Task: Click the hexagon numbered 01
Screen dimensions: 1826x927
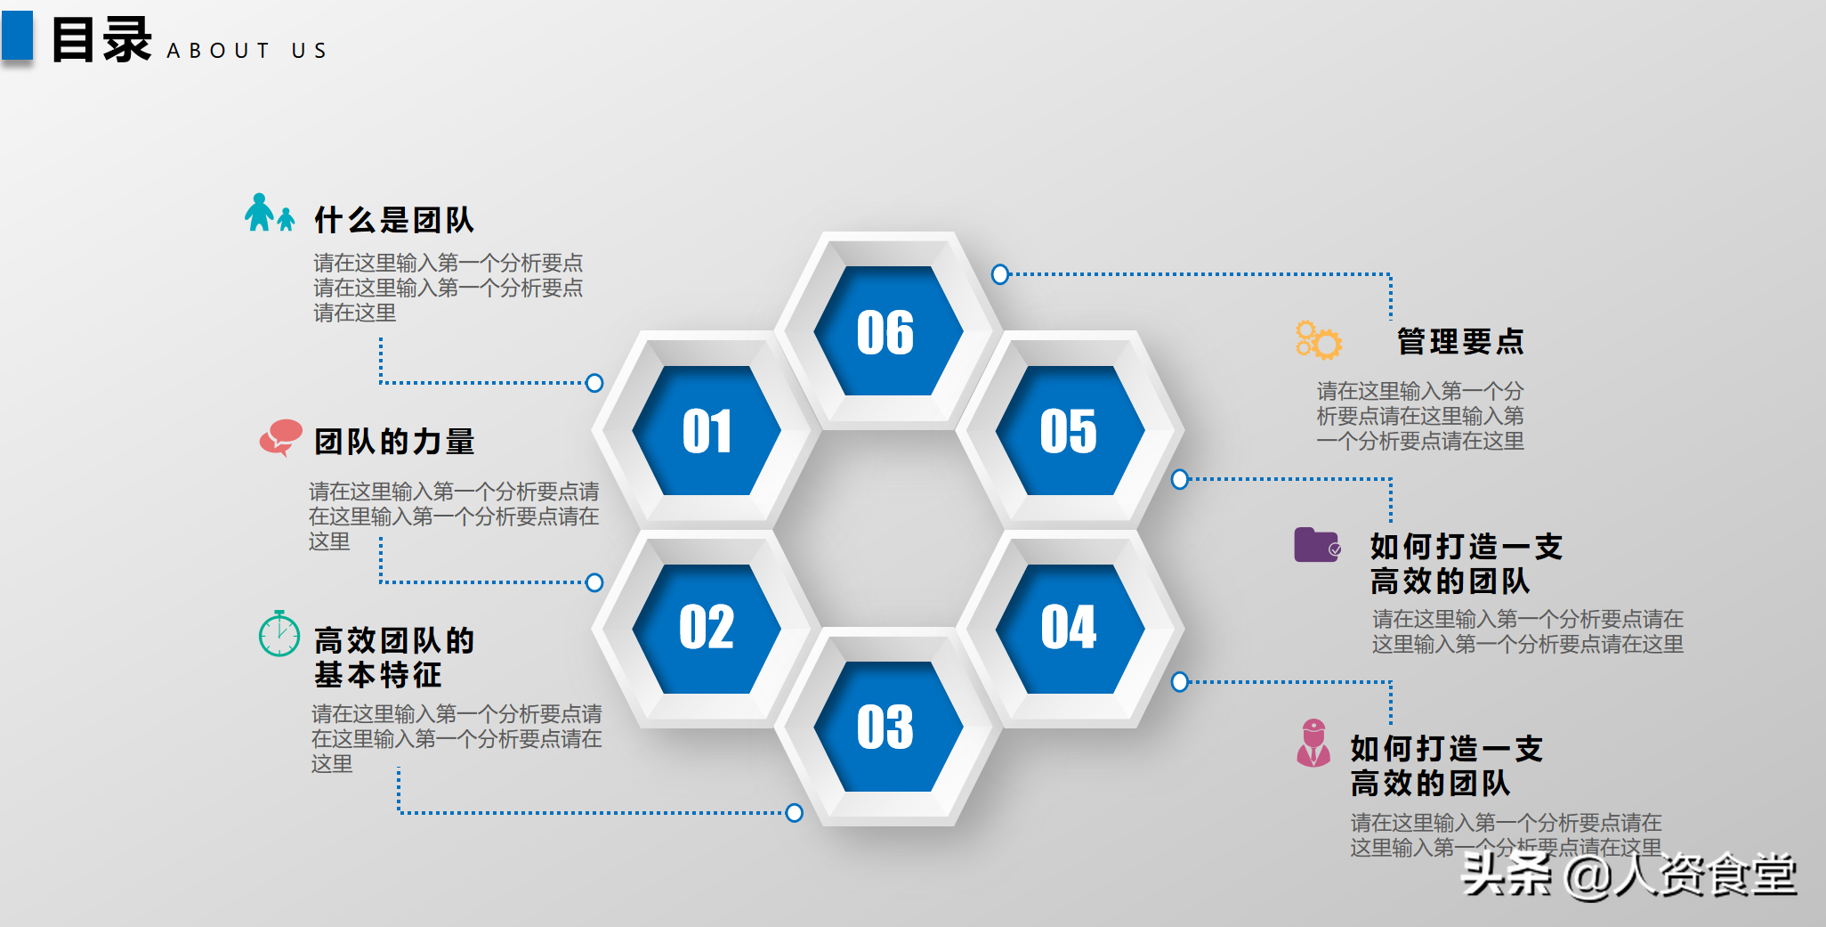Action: click(707, 430)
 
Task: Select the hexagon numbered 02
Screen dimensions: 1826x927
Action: click(707, 629)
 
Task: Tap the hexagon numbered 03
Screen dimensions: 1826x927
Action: click(888, 727)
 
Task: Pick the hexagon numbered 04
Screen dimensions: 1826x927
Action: click(1070, 629)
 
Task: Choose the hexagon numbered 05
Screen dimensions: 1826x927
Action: click(1070, 430)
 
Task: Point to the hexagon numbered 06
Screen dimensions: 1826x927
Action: click(888, 330)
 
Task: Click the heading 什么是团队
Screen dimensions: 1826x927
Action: click(394, 220)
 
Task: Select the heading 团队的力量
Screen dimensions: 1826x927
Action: click(394, 441)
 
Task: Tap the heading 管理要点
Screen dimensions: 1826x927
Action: click(1460, 341)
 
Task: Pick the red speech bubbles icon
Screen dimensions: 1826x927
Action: click(281, 437)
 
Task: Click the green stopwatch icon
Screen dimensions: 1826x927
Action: click(279, 633)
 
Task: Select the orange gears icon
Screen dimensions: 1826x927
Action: click(1319, 340)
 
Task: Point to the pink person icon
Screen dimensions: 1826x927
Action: click(1313, 743)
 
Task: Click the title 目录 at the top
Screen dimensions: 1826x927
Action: click(101, 40)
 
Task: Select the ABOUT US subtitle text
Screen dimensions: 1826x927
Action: click(246, 51)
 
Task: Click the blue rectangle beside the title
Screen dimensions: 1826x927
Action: click(17, 36)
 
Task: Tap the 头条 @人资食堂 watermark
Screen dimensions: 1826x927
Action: click(1628, 874)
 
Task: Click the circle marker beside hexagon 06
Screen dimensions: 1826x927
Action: click(1000, 274)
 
